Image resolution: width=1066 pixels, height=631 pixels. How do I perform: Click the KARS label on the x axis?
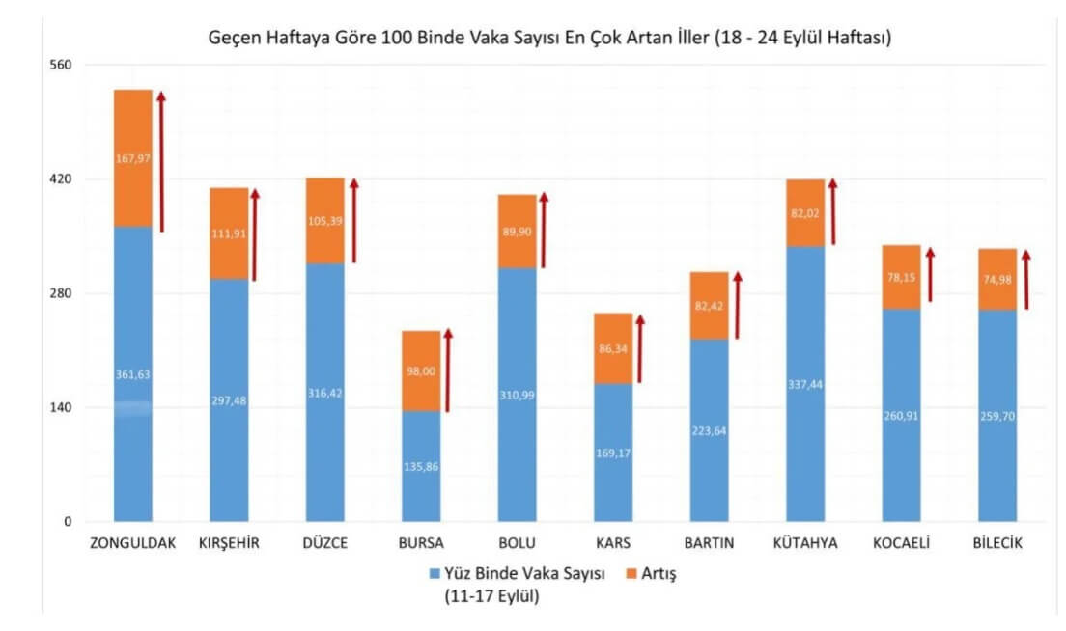pyautogui.click(x=613, y=543)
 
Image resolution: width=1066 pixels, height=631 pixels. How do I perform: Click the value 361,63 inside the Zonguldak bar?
pyautogui.click(x=132, y=374)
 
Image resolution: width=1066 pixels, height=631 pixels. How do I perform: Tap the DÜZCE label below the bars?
pyautogui.click(x=325, y=543)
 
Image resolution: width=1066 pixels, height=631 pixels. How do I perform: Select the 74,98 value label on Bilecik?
pyautogui.click(x=996, y=280)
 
